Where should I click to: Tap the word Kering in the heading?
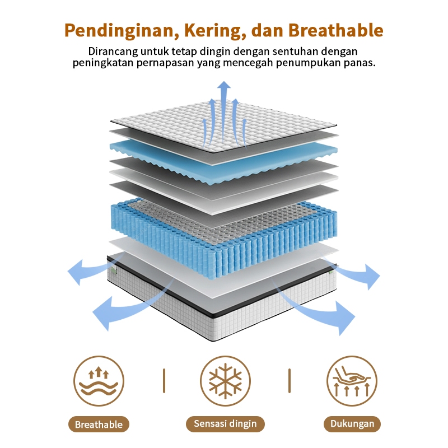tap(211, 30)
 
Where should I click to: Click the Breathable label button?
tap(99, 424)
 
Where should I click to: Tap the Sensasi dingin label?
tap(225, 424)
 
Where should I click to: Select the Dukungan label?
tap(352, 424)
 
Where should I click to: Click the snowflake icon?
tap(225, 381)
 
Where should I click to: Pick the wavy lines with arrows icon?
tap(99, 381)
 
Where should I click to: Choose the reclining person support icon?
tap(352, 381)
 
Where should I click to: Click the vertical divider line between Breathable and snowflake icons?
tap(164, 381)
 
